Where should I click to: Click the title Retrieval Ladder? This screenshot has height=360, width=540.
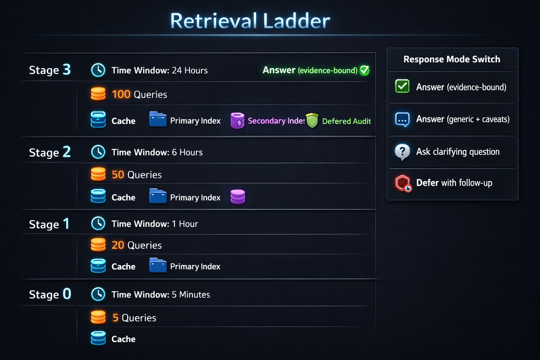point(250,21)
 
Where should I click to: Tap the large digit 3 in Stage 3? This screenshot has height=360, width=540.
point(66,70)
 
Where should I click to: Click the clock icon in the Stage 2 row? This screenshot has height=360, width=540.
point(98,152)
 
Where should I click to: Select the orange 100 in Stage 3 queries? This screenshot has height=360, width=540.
point(121,94)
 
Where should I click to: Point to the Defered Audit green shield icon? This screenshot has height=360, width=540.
point(312,121)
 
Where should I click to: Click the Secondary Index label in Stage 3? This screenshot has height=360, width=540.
point(276,121)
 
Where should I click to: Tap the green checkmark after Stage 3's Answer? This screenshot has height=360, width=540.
point(365,70)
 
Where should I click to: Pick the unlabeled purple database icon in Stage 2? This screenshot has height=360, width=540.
point(238,197)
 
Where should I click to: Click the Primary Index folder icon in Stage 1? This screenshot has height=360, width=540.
point(158,265)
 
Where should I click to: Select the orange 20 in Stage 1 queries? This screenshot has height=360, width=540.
point(118,245)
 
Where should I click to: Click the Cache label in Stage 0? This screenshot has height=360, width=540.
point(123,339)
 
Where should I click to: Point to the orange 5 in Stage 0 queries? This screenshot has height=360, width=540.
point(115,318)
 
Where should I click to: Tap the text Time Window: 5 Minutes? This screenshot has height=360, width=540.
point(161,295)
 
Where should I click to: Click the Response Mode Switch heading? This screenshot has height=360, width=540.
point(452,59)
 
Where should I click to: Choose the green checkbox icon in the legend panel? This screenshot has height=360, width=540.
point(402,86)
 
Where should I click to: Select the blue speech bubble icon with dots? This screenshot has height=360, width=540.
point(402,120)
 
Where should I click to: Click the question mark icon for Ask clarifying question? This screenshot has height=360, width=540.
point(402,152)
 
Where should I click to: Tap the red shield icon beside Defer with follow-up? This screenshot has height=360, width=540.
point(403,183)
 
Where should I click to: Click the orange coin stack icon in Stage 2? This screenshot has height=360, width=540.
point(98,174)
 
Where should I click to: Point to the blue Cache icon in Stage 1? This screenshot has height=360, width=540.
point(98,266)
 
